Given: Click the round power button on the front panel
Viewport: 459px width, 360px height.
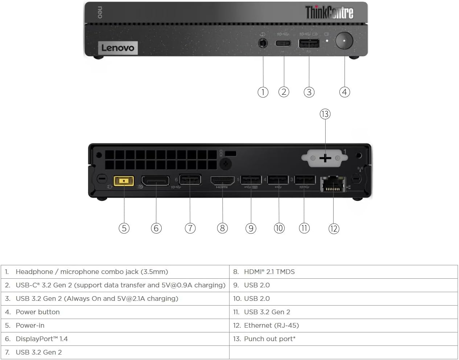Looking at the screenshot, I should click(x=344, y=41).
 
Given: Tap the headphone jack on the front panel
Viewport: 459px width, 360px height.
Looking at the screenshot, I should click(x=263, y=43).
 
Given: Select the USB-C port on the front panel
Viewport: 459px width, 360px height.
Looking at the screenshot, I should click(x=283, y=44).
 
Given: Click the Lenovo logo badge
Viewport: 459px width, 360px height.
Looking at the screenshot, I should click(x=118, y=48).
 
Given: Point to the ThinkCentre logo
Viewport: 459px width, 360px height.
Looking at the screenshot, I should click(x=329, y=12).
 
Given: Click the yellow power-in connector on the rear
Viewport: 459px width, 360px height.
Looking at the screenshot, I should click(x=124, y=181).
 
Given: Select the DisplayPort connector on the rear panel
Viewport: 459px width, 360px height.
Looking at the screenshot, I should click(x=155, y=181).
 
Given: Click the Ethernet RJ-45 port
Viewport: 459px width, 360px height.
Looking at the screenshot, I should click(x=333, y=184).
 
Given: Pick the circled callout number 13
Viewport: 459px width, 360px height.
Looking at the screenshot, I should click(x=325, y=114).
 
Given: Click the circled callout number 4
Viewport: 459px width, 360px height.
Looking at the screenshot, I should click(x=344, y=92).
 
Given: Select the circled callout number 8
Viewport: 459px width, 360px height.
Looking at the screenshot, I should click(x=222, y=228).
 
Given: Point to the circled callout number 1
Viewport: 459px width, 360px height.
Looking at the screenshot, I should click(x=263, y=92).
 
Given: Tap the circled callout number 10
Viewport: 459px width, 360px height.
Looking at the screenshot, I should click(x=279, y=228).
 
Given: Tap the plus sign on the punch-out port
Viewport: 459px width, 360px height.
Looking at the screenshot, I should click(x=325, y=158).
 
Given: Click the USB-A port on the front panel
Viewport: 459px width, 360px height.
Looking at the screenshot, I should click(x=309, y=44).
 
